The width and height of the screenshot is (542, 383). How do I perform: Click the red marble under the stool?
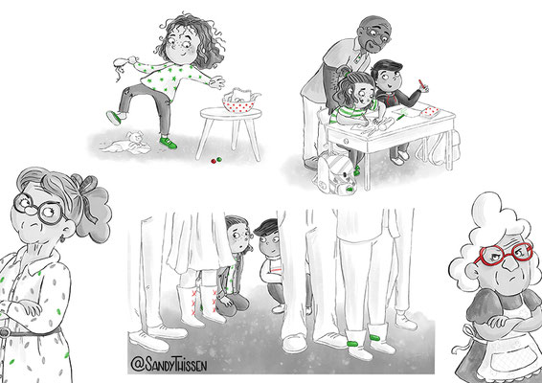click(214, 161)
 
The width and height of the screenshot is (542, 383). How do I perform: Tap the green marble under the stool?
click(218, 159)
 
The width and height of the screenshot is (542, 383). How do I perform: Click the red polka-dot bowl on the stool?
click(238, 104)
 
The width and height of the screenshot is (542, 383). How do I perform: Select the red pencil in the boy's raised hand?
click(422, 84)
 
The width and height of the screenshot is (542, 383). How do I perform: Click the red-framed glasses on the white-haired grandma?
click(504, 254)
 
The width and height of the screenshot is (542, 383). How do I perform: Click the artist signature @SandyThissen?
click(169, 364)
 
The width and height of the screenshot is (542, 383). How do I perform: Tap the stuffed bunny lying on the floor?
click(126, 143)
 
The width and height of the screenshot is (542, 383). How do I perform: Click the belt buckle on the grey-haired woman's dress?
click(5, 333)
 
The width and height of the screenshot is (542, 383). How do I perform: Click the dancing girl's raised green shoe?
click(114, 118)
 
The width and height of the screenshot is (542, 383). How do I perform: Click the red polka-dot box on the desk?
click(430, 112)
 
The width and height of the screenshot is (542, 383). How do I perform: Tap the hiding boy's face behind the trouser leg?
click(270, 243)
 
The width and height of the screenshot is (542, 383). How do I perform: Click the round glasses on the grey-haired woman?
click(38, 209)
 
